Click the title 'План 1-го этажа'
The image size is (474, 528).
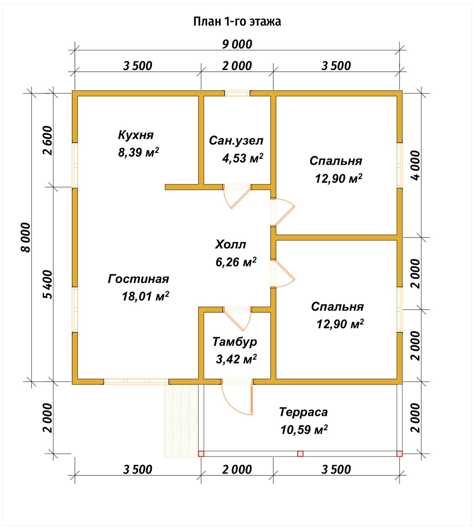coord(237,22)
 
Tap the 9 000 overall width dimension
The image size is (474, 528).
coord(237,44)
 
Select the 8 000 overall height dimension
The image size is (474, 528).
coord(26,238)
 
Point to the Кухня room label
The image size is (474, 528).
coord(136,135)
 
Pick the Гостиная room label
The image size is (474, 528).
coord(138,279)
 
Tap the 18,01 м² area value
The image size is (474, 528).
coord(145,296)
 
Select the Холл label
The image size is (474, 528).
coord(230,245)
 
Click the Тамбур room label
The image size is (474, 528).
coord(235,342)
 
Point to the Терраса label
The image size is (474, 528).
coord(303,412)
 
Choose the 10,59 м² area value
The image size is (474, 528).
coord(304,430)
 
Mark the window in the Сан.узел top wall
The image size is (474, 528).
coord(237,93)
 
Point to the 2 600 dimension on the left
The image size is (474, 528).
coord(48,141)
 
